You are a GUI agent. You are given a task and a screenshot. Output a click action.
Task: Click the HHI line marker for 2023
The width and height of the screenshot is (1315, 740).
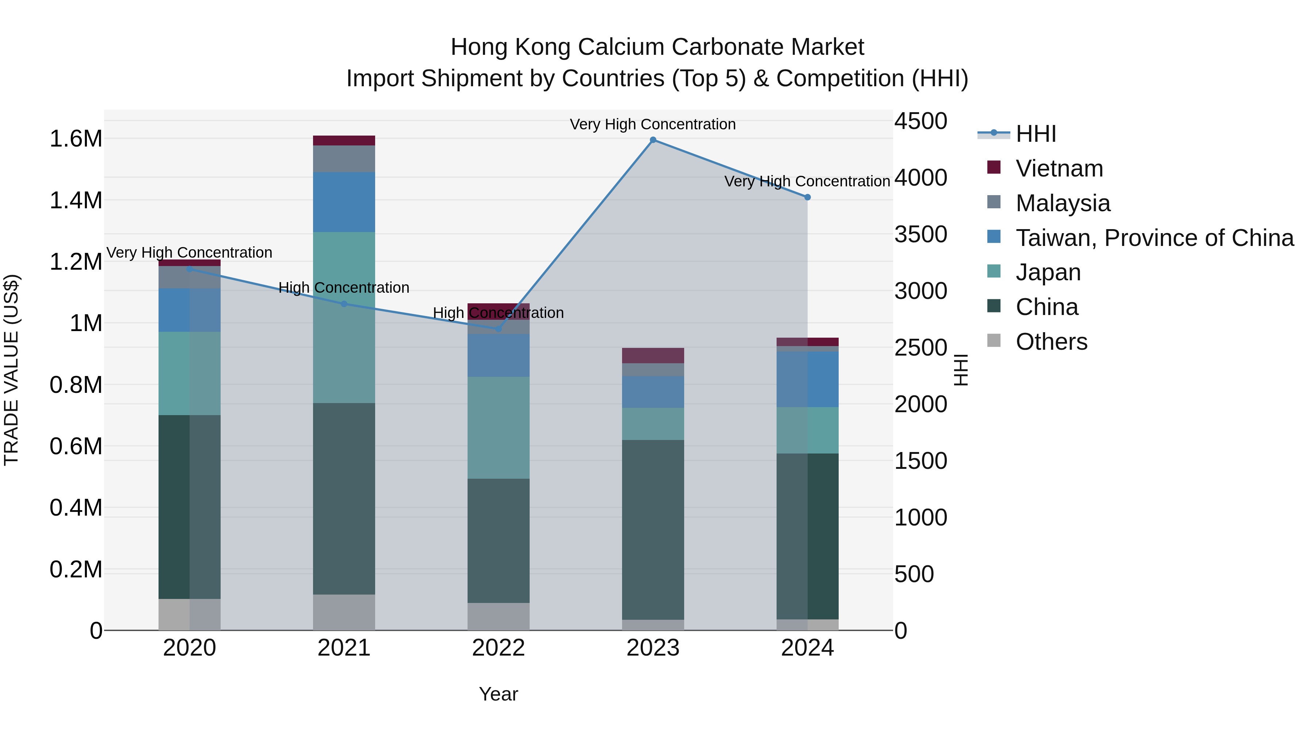(x=653, y=140)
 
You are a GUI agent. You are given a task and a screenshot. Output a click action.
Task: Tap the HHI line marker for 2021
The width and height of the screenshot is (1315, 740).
(x=344, y=304)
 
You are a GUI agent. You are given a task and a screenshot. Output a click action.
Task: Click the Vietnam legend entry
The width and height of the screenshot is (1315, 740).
(x=1059, y=168)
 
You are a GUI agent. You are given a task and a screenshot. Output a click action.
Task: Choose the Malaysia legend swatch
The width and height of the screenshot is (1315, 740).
(x=994, y=202)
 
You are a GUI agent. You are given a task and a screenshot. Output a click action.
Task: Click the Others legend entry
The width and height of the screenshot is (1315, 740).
(x=1051, y=342)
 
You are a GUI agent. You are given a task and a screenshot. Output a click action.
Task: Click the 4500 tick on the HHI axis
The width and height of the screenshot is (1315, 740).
(x=920, y=122)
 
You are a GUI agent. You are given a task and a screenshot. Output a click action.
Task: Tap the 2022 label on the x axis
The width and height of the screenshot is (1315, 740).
(x=498, y=648)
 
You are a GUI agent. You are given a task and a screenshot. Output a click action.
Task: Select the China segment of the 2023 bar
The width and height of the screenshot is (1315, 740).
(x=653, y=529)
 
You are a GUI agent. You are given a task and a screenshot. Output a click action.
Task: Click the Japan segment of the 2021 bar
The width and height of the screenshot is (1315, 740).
(x=344, y=318)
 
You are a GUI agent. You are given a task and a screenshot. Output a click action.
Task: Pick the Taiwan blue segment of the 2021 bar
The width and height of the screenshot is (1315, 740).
(x=344, y=202)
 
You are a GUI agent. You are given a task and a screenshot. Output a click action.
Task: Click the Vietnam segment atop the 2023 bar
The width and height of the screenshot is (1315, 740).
(x=653, y=356)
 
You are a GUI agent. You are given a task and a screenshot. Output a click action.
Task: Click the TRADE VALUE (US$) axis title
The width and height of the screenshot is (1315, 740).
(x=11, y=370)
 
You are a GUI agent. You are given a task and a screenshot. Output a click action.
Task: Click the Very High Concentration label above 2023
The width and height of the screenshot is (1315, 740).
(x=652, y=125)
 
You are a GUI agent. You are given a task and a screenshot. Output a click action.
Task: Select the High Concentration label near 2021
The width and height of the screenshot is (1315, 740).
(x=344, y=288)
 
